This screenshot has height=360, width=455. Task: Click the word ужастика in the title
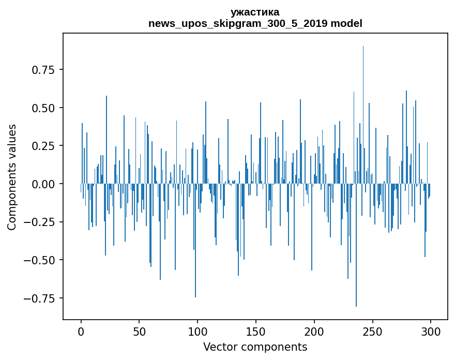point(255,12)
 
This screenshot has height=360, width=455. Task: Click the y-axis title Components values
point(12,177)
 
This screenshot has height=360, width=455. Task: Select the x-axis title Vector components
point(255,347)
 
